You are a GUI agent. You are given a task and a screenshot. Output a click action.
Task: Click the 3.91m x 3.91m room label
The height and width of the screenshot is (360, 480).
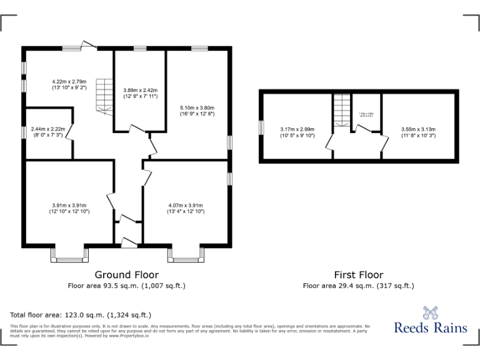[x=69, y=208]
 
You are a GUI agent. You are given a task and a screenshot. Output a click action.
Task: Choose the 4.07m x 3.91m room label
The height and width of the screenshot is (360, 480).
[x=186, y=208]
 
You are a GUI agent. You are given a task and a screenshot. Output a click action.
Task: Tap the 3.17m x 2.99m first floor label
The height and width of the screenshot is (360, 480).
[x=297, y=132]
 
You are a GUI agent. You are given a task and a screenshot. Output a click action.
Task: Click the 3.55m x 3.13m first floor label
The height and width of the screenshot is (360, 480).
[x=418, y=132]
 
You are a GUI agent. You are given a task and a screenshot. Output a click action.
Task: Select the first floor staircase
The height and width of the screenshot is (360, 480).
[x=341, y=111]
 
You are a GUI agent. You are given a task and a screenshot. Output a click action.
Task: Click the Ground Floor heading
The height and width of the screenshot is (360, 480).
[x=126, y=274]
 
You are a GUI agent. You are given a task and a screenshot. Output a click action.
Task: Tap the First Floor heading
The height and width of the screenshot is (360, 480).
[x=358, y=274]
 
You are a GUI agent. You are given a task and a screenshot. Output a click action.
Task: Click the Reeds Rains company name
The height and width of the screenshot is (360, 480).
[x=430, y=327]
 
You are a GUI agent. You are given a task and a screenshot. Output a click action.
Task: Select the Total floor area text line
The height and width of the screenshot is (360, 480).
[x=81, y=314]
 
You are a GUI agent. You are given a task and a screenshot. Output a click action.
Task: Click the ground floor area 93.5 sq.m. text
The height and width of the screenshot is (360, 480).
[x=126, y=286]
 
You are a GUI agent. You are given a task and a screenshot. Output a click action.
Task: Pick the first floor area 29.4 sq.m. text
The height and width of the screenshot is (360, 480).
[x=358, y=286]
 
